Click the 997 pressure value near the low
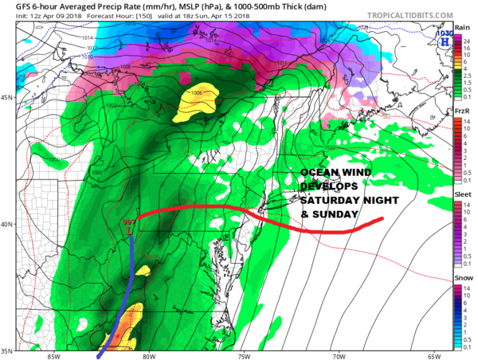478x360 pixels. [x=130, y=221]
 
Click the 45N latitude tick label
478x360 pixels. [x=7, y=97]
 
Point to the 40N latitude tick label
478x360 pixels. [x=7, y=224]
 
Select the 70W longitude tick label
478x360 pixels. [x=339, y=355]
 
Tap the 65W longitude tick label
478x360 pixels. [x=433, y=355]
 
